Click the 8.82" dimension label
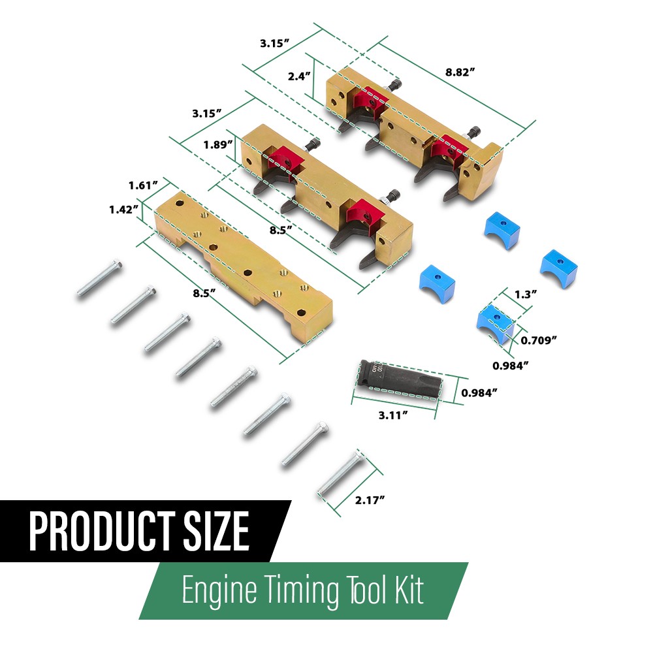point(460,72)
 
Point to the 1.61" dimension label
point(143,185)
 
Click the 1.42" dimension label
point(123,210)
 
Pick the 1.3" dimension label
point(526,295)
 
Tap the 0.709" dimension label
point(539,341)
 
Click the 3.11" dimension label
point(393,415)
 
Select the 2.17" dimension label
point(370,500)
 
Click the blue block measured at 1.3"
point(496,324)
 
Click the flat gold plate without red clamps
point(244,266)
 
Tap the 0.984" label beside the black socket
point(479,392)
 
